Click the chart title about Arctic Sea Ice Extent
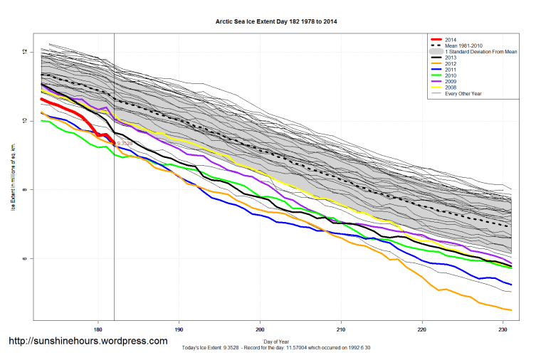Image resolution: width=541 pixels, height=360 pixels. [x=276, y=22]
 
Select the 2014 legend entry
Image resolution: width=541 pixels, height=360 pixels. [x=449, y=39]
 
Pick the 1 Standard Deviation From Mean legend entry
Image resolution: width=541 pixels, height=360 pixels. [x=481, y=53]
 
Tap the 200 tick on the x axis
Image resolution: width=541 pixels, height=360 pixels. [x=261, y=329]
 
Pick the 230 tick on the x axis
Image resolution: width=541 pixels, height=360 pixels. [x=504, y=329]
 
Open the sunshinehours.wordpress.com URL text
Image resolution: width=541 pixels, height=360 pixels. [x=88, y=341]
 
